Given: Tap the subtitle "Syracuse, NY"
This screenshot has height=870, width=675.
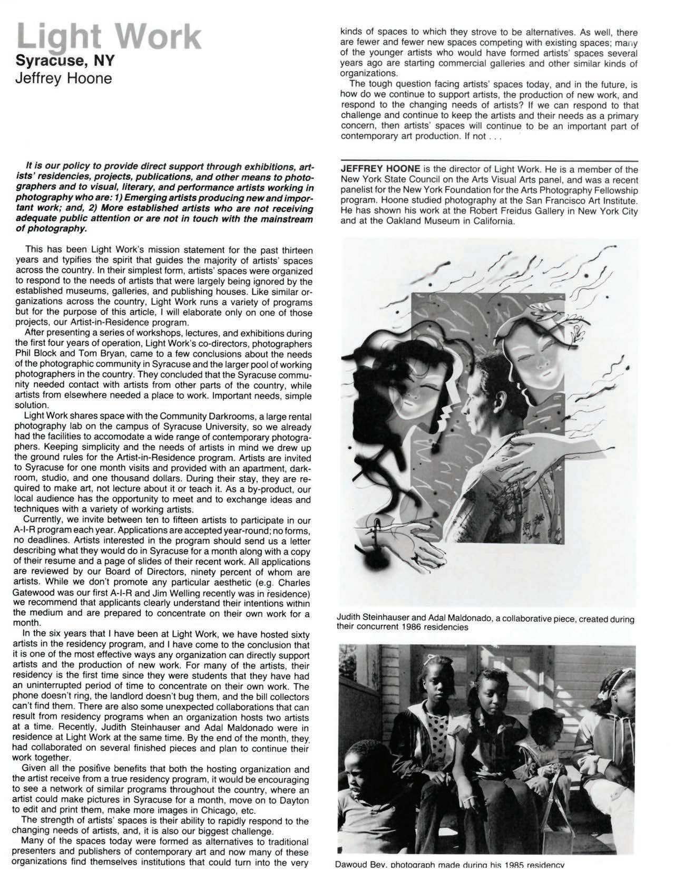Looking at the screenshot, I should [65, 61].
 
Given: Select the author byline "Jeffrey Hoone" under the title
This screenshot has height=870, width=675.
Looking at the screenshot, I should [64, 79].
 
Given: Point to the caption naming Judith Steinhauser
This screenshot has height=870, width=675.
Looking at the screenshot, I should [485, 623].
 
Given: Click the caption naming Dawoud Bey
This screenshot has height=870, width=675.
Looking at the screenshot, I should [449, 865].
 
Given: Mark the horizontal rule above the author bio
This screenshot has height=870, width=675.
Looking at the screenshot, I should [489, 160].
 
